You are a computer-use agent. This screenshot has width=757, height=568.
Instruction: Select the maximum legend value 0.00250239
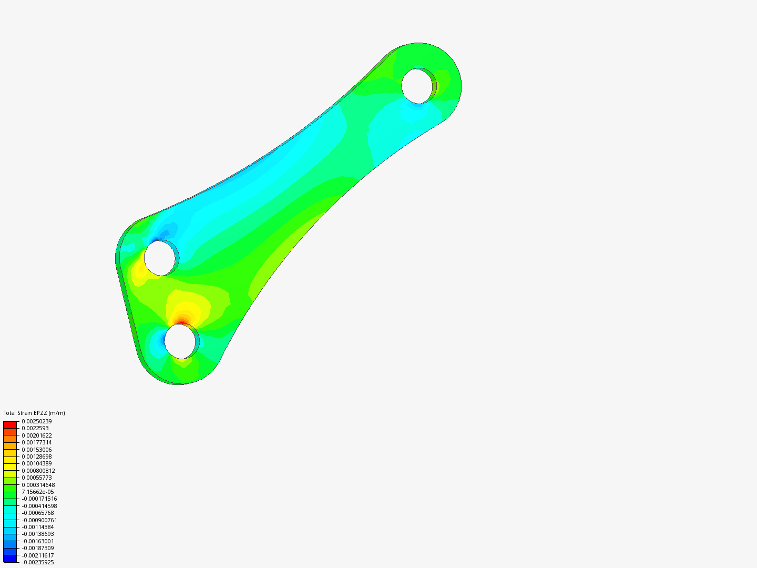tap(37, 421)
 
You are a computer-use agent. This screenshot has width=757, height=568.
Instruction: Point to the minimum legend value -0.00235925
tap(38, 562)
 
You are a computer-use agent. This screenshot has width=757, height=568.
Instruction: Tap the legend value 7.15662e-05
tap(38, 492)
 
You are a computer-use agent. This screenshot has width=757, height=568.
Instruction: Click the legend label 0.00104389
tap(37, 463)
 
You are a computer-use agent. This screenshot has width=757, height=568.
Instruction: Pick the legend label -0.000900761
tap(39, 520)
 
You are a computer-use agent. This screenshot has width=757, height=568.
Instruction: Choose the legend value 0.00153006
tap(37, 450)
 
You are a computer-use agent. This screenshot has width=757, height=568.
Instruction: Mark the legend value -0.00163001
tap(38, 541)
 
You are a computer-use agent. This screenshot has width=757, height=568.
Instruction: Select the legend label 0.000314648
tap(38, 485)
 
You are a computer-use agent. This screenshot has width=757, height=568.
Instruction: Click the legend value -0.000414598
tap(39, 506)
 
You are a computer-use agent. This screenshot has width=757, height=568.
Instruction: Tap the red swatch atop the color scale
tap(10, 424)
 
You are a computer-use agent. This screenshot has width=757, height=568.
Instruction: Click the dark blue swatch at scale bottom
tap(10, 559)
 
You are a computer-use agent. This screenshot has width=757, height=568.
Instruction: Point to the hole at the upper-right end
tap(419, 86)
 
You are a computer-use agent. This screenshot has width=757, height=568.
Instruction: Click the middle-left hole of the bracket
tap(159, 257)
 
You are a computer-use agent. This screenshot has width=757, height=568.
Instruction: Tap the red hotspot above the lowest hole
tap(181, 320)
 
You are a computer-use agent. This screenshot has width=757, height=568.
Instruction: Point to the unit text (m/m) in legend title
tap(57, 413)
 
